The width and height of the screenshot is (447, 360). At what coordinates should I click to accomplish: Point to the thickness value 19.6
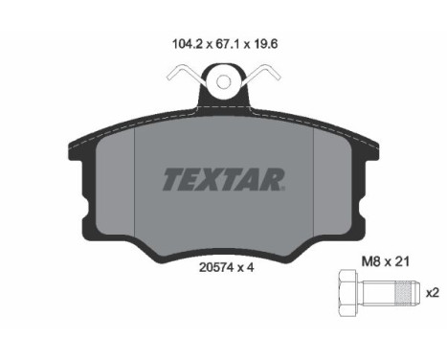click(266, 44)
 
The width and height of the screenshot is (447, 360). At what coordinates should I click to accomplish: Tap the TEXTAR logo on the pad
click(223, 180)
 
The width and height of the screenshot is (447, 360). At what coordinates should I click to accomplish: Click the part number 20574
click(216, 267)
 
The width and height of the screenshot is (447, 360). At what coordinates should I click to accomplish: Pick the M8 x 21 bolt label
click(385, 262)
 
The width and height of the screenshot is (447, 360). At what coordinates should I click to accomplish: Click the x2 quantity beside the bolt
click(433, 293)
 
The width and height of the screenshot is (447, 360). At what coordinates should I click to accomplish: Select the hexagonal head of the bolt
click(347, 293)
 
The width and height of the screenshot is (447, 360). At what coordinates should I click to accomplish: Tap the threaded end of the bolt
click(405, 293)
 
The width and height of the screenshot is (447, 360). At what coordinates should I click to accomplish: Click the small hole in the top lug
click(223, 81)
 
